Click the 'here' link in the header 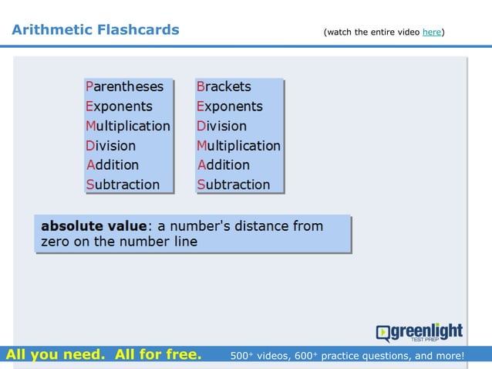click(432, 32)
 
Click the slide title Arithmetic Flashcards click(96, 30)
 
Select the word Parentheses click(125, 86)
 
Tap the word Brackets click(224, 86)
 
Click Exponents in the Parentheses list click(119, 107)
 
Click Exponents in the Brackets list click(230, 107)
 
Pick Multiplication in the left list click(128, 126)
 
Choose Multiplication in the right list click(239, 145)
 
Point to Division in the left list click(111, 145)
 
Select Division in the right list click(222, 126)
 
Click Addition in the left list click(113, 164)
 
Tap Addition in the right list click(224, 164)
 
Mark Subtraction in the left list click(123, 184)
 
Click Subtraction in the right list click(234, 184)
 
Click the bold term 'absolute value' click(93, 226)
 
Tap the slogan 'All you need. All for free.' click(103, 355)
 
